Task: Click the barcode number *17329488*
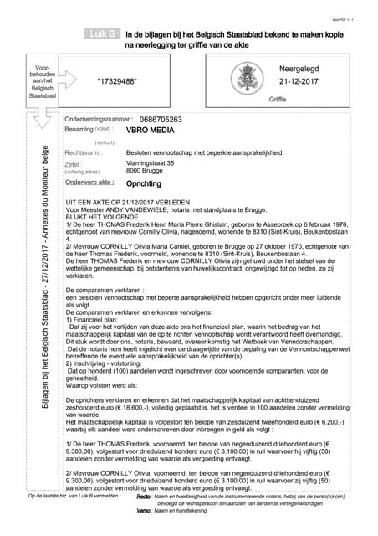(x=118, y=81)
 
